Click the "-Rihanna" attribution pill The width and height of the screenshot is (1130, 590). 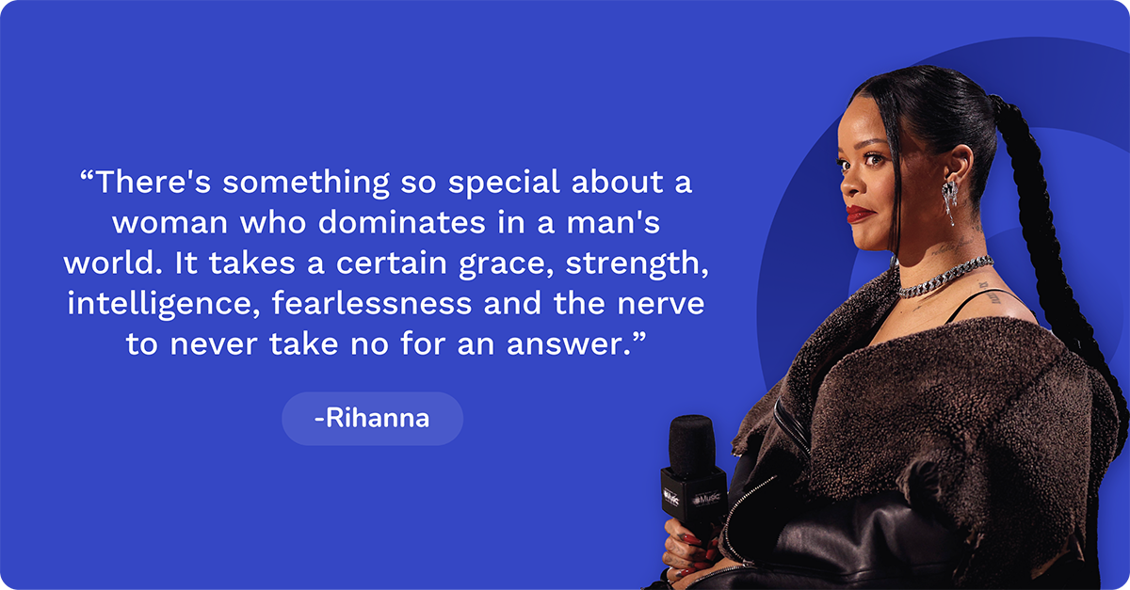click(x=372, y=419)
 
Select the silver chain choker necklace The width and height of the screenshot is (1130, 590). click(x=942, y=278)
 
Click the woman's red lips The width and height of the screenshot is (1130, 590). click(x=860, y=214)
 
